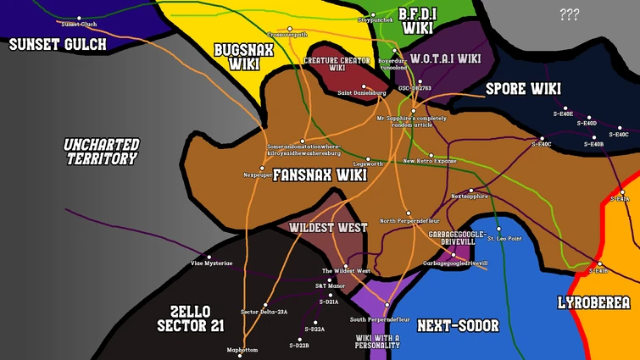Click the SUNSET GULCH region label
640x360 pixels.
(x=58, y=44)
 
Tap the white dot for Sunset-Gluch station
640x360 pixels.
(x=79, y=18)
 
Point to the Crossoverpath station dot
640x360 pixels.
(x=290, y=29)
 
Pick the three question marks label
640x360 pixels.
(x=569, y=14)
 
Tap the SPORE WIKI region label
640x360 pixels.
(x=523, y=88)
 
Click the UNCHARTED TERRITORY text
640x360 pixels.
(x=102, y=152)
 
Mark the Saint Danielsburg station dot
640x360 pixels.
(x=364, y=86)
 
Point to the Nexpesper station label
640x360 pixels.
(x=258, y=174)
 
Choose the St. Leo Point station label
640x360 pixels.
(x=504, y=239)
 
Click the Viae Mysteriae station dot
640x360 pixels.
(x=208, y=256)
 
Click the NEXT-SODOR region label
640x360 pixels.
(x=459, y=325)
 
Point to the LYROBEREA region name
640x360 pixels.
(x=593, y=302)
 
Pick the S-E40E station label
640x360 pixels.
(x=563, y=113)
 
